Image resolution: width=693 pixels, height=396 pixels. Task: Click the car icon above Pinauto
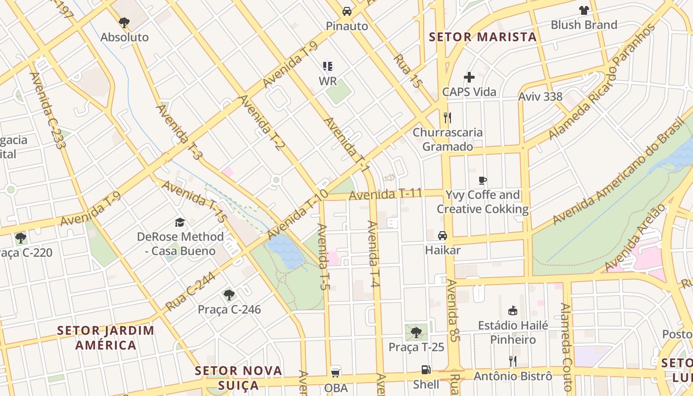[x=347, y=11]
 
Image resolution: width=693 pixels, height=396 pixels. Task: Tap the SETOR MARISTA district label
[x=483, y=37]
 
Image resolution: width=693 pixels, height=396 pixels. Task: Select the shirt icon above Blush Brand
[x=584, y=10]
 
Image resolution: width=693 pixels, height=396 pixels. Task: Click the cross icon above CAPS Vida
[x=469, y=77]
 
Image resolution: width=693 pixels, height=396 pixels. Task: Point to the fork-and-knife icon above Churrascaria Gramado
[x=447, y=117]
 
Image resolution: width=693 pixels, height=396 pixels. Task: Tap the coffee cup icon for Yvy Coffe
[x=483, y=180]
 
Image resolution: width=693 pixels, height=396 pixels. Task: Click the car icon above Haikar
[x=443, y=236]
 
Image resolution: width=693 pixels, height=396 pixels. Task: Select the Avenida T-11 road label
[x=385, y=195]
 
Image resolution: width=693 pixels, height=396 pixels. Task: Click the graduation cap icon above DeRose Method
[x=180, y=223]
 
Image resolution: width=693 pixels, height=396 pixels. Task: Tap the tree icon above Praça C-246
[x=229, y=295]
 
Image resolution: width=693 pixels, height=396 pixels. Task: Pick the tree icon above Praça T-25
[x=416, y=333]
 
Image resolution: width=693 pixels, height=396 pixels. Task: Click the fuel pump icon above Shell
[x=426, y=370]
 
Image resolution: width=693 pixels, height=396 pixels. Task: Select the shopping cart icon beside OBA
[x=336, y=373]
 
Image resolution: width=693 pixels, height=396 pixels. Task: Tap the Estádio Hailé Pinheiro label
[x=513, y=333]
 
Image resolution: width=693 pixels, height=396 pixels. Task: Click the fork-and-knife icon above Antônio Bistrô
[x=513, y=361]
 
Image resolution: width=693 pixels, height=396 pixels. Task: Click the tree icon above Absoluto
[x=124, y=22]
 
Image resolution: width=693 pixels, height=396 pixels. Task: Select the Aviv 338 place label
[x=540, y=97]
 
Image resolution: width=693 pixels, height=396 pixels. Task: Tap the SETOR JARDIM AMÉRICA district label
[x=105, y=338]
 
